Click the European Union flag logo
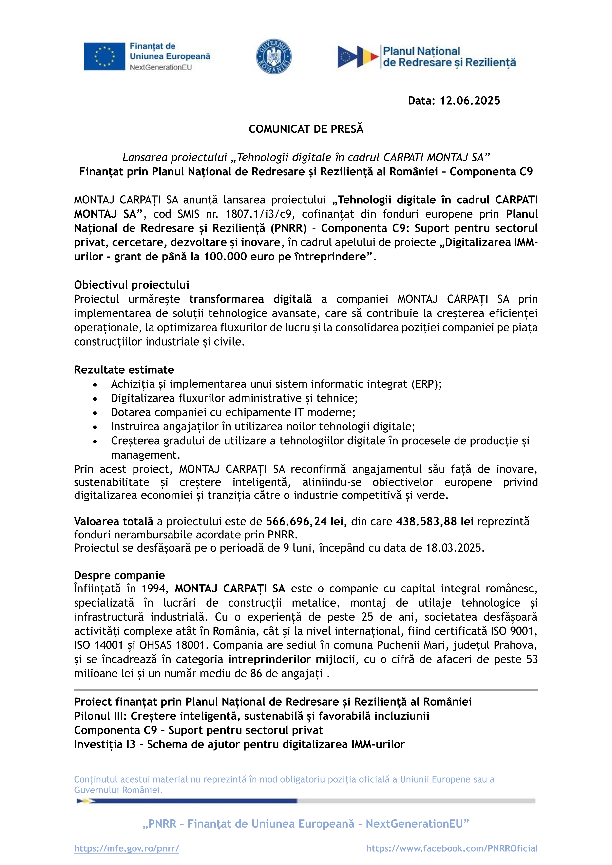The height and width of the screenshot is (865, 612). (104, 56)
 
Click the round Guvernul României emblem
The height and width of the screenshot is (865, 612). (274, 56)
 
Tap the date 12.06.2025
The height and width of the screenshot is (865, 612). (470, 101)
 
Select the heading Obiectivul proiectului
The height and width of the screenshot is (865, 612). (132, 285)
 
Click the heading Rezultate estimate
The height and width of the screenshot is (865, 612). (124, 369)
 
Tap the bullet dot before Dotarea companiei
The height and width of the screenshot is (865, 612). (95, 413)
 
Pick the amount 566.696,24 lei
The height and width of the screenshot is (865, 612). (306, 521)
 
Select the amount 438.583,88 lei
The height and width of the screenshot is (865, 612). (435, 521)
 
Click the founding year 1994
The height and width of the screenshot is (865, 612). (155, 589)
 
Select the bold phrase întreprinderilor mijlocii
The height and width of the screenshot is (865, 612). (291, 659)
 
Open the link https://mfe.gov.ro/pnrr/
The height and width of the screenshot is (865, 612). (127, 848)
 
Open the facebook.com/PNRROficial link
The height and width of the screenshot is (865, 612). (452, 848)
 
